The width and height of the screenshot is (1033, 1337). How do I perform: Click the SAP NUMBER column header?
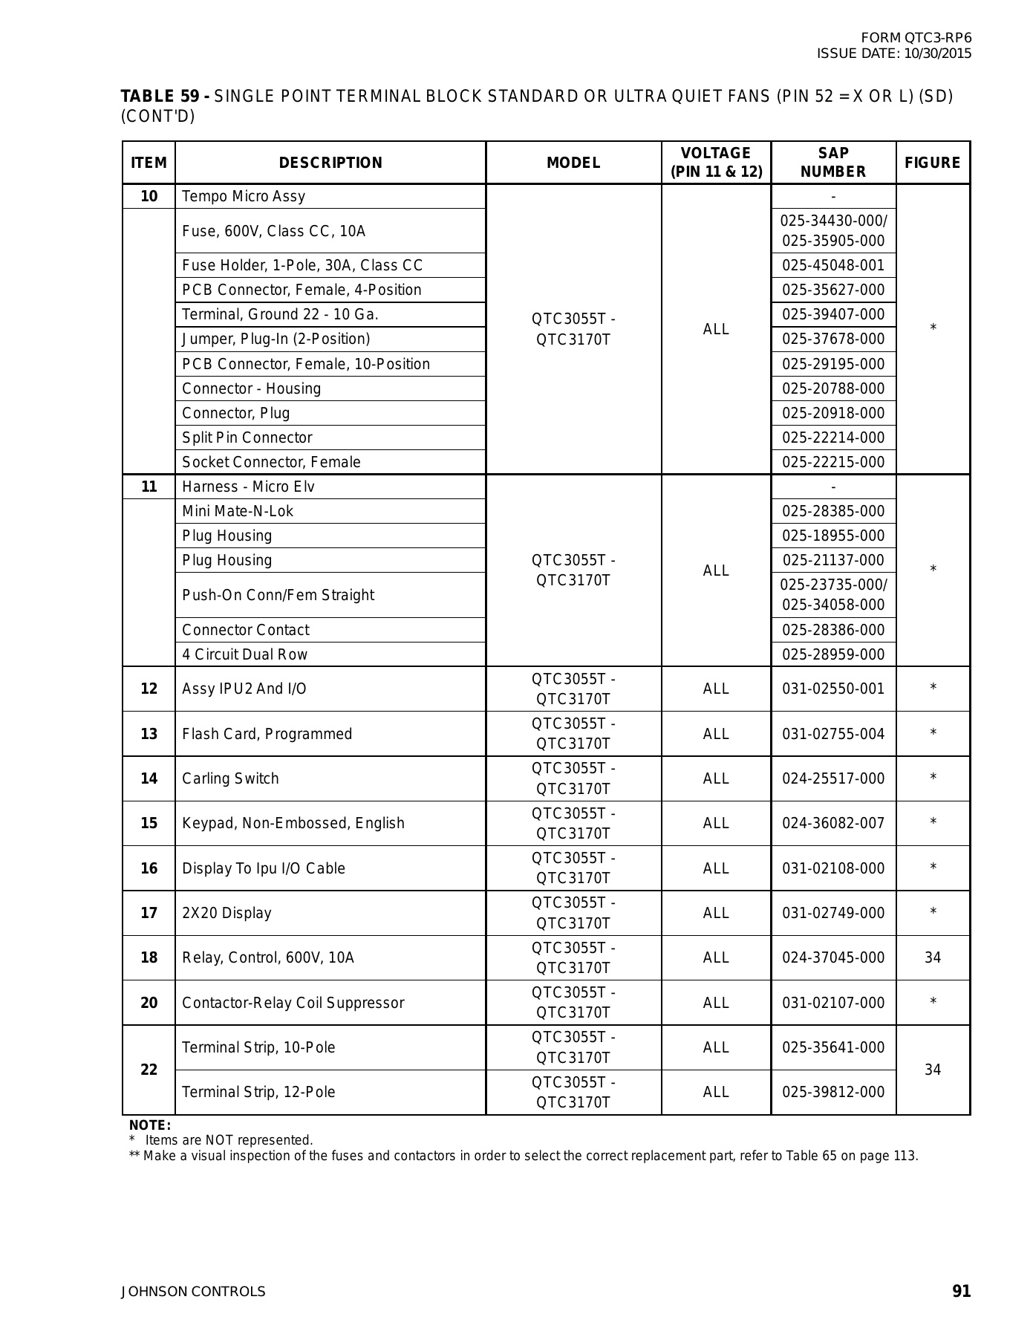[832, 163]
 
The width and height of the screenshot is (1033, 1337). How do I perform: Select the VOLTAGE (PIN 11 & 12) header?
[716, 163]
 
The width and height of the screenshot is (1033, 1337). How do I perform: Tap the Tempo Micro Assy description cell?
[244, 196]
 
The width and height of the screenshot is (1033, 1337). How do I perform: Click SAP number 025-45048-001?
[833, 265]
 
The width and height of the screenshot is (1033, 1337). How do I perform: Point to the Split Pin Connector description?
[247, 437]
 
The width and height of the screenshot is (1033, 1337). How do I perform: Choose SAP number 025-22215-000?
[833, 462]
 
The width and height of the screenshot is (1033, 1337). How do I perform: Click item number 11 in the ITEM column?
[149, 487]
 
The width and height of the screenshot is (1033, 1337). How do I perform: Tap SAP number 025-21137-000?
[833, 560]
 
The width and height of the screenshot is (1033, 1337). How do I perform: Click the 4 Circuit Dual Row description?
[244, 654]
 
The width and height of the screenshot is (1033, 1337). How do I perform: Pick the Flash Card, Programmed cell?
[267, 734]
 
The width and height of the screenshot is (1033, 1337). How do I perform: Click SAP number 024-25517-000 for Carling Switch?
[833, 778]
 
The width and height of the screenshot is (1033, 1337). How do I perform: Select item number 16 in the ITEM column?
[149, 868]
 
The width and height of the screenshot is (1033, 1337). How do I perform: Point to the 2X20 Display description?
[227, 913]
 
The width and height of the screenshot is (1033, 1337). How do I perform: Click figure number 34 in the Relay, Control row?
[933, 957]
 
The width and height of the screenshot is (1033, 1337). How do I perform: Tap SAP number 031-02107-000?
[833, 1003]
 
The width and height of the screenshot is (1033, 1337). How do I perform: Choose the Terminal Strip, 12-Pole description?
[258, 1092]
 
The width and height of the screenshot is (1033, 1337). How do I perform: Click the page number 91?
[961, 1292]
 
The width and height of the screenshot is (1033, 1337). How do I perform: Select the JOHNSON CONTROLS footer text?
[193, 1292]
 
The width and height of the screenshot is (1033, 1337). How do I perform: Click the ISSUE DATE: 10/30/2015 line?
[893, 53]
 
